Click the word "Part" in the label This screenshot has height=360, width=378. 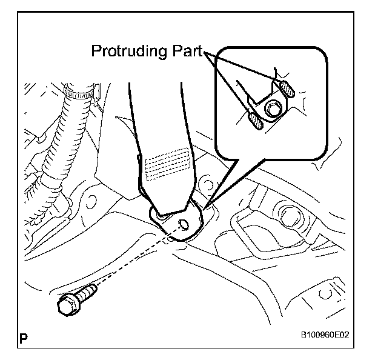[186, 52]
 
